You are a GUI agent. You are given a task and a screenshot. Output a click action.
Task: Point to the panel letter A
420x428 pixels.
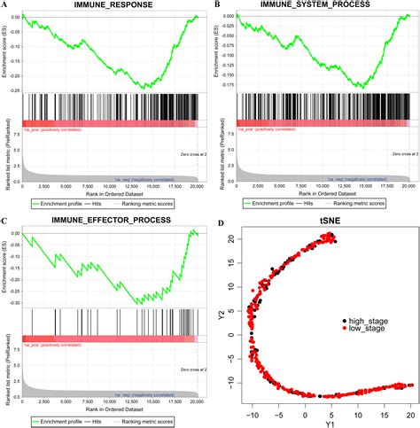point(6,5)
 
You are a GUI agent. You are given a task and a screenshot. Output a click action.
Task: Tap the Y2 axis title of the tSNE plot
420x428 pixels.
point(223,315)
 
